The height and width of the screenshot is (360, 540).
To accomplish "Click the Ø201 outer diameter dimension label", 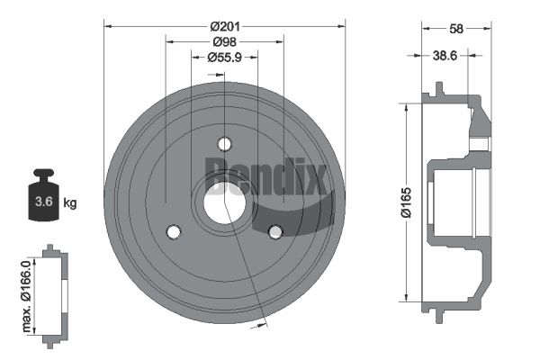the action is point(225,26).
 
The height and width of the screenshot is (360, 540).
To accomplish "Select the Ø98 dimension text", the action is point(224,41).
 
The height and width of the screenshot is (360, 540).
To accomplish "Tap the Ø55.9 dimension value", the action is point(224,58).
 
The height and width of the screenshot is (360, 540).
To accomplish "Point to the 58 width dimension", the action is point(456,29).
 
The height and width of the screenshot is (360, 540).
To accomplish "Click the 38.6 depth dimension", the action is point(445,55).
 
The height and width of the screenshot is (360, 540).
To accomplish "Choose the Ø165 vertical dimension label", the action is point(407,202).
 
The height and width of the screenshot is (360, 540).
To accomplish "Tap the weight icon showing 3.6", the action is point(44,194).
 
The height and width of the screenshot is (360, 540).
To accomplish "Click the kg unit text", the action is point(70,202).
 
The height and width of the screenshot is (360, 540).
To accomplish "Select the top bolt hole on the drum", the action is point(224,144).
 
